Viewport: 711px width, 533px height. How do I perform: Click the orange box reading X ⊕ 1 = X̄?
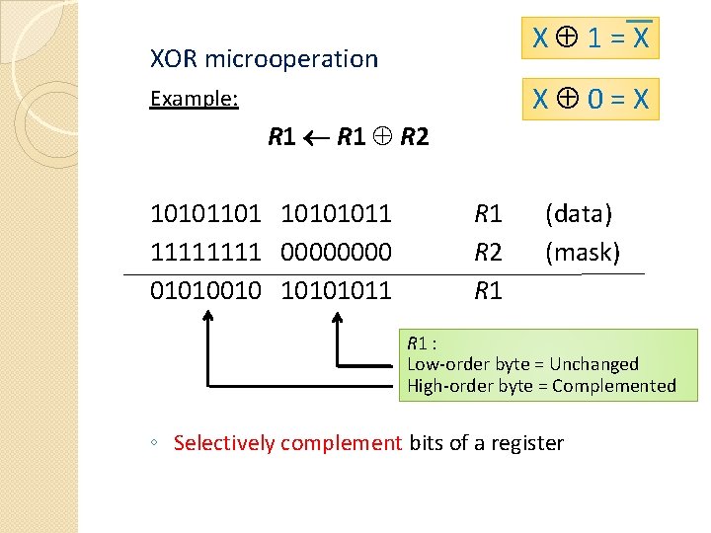[591, 39]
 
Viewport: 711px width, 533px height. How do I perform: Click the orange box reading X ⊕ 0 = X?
[591, 99]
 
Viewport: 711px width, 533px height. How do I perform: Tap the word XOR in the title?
[174, 59]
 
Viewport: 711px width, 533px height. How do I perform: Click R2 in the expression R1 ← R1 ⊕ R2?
[415, 137]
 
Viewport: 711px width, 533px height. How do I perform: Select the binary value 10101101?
[205, 213]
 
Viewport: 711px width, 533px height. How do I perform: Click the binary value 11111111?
[205, 253]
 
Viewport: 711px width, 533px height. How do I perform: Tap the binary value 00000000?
[337, 253]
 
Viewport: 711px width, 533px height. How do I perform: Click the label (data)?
[579, 213]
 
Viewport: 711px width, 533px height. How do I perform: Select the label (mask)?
[583, 253]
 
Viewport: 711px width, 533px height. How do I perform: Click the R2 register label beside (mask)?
[489, 253]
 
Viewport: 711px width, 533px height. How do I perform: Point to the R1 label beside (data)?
[489, 213]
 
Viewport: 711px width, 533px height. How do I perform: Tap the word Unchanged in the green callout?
[594, 364]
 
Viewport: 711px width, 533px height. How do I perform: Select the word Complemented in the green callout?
[614, 386]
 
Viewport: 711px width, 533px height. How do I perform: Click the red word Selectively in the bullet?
[224, 443]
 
